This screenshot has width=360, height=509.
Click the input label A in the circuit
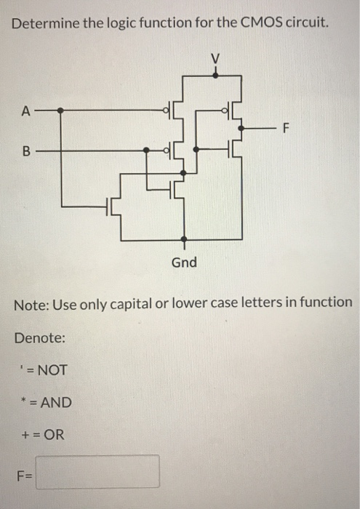(27, 111)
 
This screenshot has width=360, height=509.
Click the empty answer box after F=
(99, 472)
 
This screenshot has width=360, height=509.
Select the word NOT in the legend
(52, 370)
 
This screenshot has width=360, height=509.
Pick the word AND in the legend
(55, 402)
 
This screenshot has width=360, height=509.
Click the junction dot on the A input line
(61, 111)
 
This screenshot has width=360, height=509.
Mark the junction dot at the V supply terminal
(215, 72)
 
